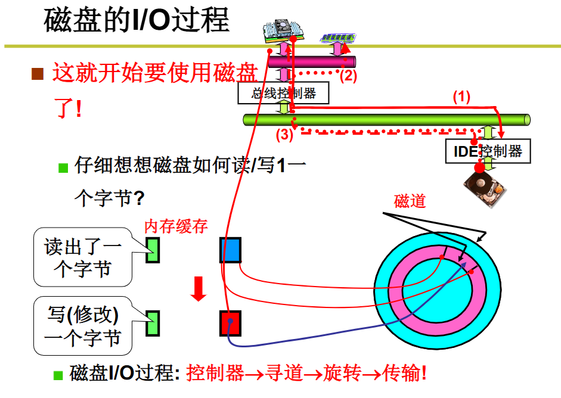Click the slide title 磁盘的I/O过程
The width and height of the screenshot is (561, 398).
[x=137, y=20]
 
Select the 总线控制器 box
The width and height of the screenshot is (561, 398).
[x=283, y=93]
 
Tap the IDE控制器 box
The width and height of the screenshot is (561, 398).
[x=488, y=151]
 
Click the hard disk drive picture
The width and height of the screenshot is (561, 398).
[x=486, y=189]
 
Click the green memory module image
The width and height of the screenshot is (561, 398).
[x=337, y=38]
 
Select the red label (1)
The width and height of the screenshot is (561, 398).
[x=462, y=97]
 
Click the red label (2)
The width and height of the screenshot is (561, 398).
[x=348, y=76]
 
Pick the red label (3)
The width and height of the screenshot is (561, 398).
[x=284, y=135]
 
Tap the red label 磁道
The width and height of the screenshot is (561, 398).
[x=410, y=201]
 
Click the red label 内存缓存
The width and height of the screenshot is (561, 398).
[x=176, y=226]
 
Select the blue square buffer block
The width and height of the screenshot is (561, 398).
[x=230, y=250]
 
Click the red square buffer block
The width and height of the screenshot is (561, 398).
[x=230, y=322]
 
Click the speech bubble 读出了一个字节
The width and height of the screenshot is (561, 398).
[x=83, y=257]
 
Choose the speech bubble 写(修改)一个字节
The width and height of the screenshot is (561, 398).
[x=83, y=327]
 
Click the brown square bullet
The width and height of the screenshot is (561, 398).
[x=38, y=74]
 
